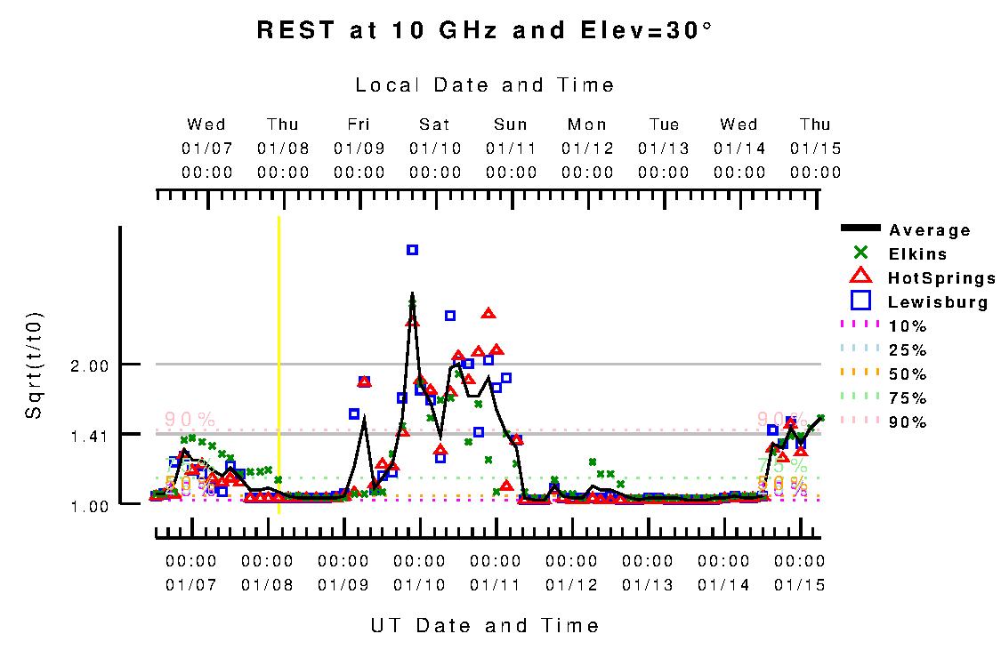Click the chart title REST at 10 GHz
(x=485, y=30)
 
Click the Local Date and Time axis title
(x=485, y=85)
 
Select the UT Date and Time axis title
(x=485, y=625)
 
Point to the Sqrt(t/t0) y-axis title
(x=34, y=365)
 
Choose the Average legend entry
(x=930, y=230)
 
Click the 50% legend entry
(x=908, y=374)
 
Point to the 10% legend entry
(x=908, y=326)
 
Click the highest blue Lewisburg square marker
(x=412, y=250)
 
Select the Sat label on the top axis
(x=435, y=124)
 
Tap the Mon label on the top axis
(x=587, y=124)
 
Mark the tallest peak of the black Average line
(x=412, y=293)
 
